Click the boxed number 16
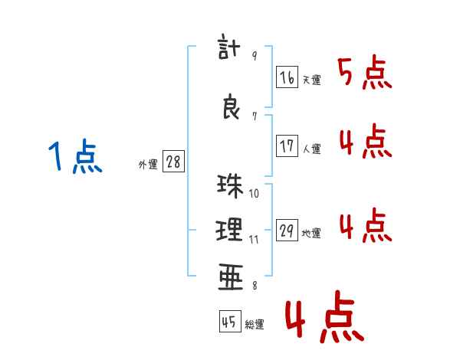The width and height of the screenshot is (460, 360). (x=287, y=77)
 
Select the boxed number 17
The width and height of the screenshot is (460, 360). (x=287, y=146)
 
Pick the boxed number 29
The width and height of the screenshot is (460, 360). (x=287, y=231)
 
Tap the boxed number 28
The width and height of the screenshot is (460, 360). (x=173, y=162)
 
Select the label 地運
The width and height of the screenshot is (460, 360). (x=311, y=234)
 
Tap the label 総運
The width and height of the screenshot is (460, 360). (x=255, y=325)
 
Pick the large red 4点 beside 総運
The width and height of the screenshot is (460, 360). (x=324, y=319)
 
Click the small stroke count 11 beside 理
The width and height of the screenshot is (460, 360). (x=254, y=239)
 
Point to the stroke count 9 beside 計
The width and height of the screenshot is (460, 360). (x=255, y=56)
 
